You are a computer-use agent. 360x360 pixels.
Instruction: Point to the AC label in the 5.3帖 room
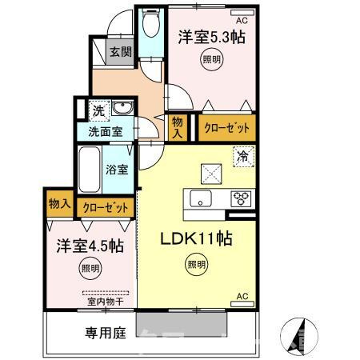click(x=242, y=11)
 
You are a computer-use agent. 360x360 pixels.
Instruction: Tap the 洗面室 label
click(x=105, y=131)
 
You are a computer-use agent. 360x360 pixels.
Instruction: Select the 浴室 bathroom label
click(x=117, y=170)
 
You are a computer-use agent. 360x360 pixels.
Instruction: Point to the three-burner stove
click(x=241, y=199)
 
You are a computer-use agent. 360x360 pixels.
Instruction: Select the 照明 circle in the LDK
click(x=195, y=265)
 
